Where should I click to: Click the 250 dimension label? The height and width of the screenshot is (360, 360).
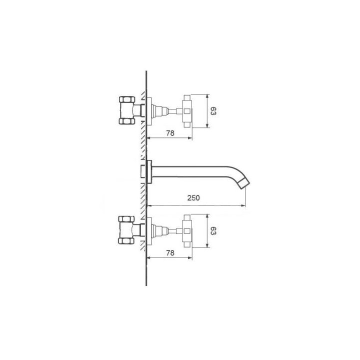[193, 197]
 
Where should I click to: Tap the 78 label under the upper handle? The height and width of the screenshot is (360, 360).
[170, 133]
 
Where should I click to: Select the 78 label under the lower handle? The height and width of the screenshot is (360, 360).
[170, 253]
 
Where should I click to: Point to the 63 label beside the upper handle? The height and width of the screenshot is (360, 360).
[213, 111]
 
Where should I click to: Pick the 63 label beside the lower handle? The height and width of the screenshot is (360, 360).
[213, 231]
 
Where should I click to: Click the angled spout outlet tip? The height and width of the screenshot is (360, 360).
[244, 184]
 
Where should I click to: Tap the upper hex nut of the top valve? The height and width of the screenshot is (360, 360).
[127, 99]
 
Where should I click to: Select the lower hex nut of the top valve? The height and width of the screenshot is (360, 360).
[127, 121]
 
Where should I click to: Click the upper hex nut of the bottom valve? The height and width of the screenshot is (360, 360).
[126, 219]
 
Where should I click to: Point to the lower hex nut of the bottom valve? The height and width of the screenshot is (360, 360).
[126, 241]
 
